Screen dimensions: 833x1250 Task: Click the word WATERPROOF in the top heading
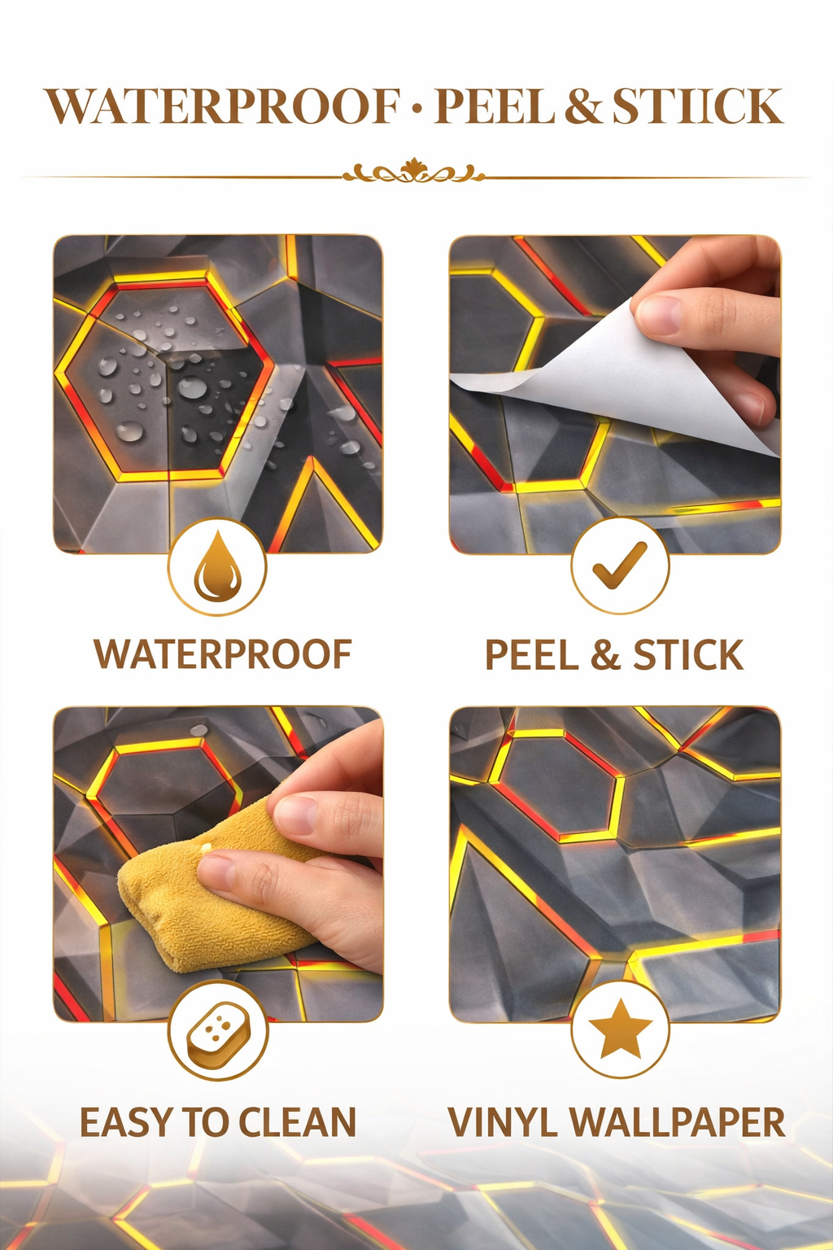223,106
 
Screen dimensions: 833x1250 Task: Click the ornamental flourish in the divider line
413,172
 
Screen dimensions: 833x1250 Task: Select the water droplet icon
217,566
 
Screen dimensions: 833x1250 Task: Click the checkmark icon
620,566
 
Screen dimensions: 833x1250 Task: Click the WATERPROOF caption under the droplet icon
223,654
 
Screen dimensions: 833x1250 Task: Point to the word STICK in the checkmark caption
688,654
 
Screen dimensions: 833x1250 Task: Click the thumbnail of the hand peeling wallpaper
615,395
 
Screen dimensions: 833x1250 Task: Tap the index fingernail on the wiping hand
294,815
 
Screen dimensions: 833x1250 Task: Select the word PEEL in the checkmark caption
532,654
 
